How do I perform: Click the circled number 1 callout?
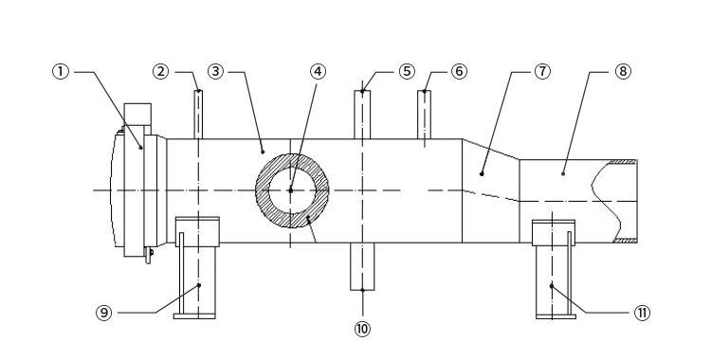(x=61, y=72)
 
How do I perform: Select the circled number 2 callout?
(x=160, y=72)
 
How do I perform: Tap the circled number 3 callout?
(x=216, y=72)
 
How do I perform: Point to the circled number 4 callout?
(x=318, y=72)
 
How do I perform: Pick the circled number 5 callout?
(x=407, y=72)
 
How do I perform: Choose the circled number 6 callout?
(x=459, y=72)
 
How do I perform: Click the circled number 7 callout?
(x=543, y=72)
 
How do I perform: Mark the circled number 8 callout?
(x=623, y=72)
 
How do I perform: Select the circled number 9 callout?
(x=104, y=313)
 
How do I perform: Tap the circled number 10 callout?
(x=362, y=329)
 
